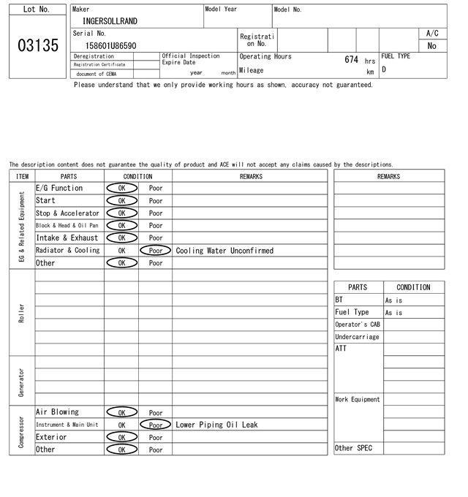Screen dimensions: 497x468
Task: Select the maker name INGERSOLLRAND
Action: click(x=110, y=21)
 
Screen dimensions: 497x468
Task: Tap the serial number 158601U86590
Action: click(x=111, y=45)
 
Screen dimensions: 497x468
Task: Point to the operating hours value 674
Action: click(x=351, y=59)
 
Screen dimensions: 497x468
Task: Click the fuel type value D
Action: click(x=384, y=70)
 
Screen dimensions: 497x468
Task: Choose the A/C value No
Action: click(x=431, y=45)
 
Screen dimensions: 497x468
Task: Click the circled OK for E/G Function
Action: click(x=121, y=188)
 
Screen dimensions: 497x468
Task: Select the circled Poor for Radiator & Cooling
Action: click(x=155, y=250)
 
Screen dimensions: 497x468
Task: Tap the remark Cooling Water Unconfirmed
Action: click(x=224, y=250)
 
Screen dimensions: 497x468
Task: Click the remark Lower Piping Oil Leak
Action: click(x=216, y=425)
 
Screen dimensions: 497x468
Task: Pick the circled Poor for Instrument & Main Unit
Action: click(x=155, y=425)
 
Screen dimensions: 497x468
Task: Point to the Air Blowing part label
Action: click(x=57, y=412)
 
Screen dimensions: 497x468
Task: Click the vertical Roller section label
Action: click(x=22, y=313)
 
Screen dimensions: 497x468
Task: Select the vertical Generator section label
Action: click(x=22, y=380)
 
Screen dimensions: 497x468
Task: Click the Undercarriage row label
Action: click(x=357, y=337)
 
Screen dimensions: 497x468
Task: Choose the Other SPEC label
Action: click(x=353, y=448)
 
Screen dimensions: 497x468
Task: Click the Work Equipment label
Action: click(x=358, y=400)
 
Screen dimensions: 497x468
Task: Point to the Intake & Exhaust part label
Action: click(x=67, y=238)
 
